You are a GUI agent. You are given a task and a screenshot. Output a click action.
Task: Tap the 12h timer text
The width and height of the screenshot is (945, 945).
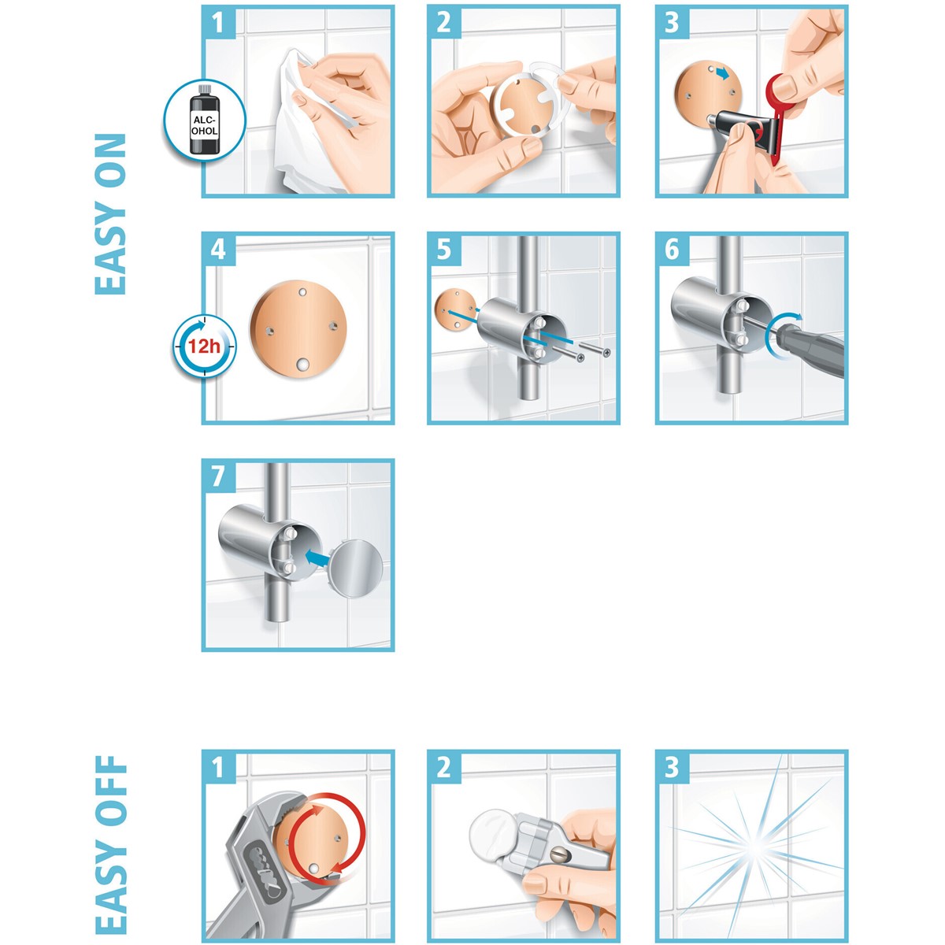point(204,346)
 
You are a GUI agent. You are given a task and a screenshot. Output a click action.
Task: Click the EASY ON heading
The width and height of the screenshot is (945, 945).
point(111,214)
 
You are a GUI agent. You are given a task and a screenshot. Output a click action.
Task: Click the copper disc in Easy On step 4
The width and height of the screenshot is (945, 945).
point(298,329)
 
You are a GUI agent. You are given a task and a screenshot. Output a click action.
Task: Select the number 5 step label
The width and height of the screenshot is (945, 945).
point(444,250)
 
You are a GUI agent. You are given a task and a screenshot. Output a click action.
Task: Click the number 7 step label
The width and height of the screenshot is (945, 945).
point(217,476)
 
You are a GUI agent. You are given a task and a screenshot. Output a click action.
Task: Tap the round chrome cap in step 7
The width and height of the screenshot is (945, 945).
point(355,569)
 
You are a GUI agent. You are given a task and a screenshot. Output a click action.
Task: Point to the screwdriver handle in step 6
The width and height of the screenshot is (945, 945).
point(813,349)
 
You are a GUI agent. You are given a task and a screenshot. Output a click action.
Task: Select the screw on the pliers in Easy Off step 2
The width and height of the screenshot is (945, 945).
point(558,856)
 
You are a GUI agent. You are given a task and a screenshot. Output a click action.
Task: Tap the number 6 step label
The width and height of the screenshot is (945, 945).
point(672,250)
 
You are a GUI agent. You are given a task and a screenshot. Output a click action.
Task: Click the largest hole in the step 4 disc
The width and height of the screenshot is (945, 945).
point(302,365)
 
